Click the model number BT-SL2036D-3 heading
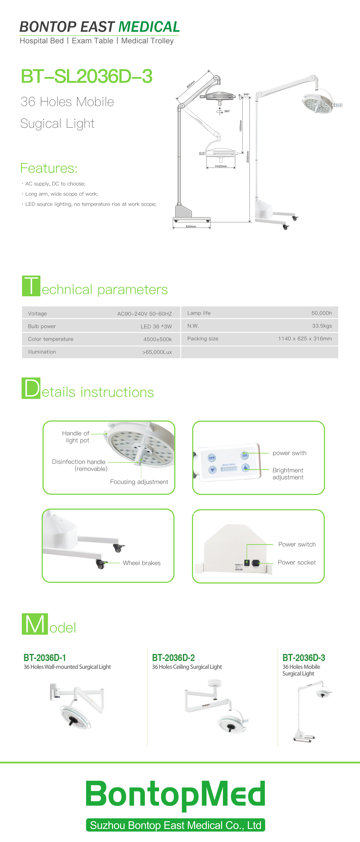87,76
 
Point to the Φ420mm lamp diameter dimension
221,166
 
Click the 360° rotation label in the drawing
227,111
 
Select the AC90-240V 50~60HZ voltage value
144,314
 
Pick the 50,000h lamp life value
321,313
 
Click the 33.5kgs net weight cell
322,326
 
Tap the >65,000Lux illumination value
157,352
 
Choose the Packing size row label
203,339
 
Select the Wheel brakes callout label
142,563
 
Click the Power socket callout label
297,562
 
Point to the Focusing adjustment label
139,482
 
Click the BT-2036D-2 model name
173,657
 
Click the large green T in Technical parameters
31,286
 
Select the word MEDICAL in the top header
149,27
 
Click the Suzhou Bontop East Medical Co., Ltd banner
176,825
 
